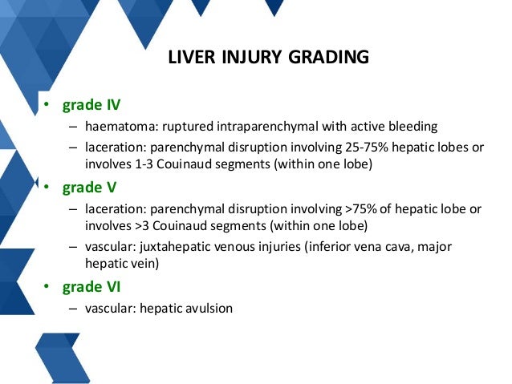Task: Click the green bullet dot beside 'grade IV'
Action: coord(47,106)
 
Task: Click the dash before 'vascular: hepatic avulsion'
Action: coord(73,308)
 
